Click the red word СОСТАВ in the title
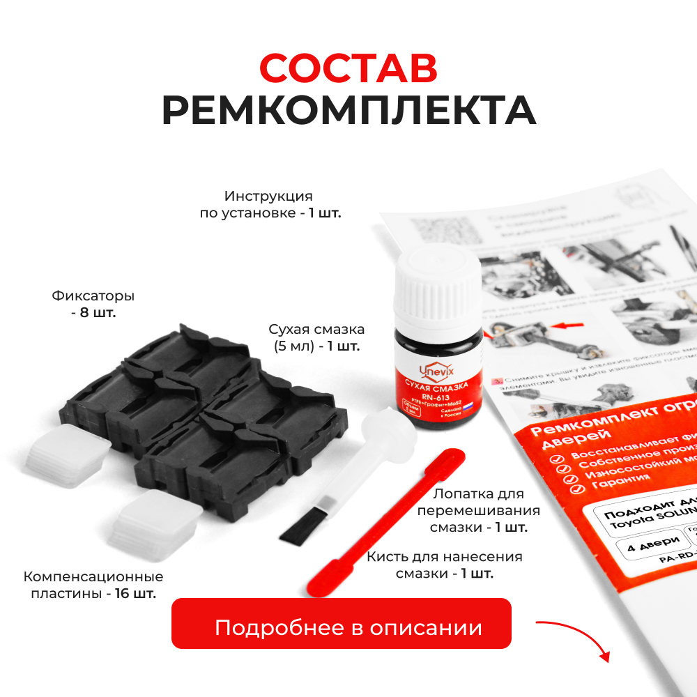click(x=348, y=68)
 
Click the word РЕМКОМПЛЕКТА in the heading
click(x=348, y=109)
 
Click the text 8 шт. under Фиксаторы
click(x=93, y=312)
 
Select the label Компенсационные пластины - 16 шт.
click(x=93, y=585)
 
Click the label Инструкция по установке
click(x=270, y=204)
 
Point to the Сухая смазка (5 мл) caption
click(x=317, y=337)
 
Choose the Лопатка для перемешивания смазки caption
click(x=477, y=510)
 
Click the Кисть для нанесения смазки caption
click(x=445, y=565)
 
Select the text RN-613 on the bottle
click(x=436, y=395)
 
